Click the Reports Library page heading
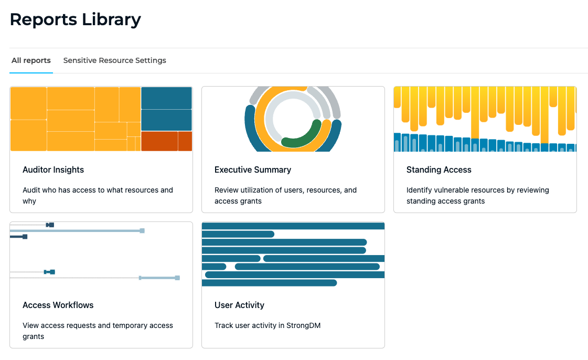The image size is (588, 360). coord(75,19)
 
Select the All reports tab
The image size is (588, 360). coord(31,60)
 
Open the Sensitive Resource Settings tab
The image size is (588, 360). coord(114,60)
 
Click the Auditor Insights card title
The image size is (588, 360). coord(53,170)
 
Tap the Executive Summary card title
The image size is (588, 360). coord(252,170)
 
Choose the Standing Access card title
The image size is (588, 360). coord(439,170)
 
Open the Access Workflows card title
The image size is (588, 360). coord(58,305)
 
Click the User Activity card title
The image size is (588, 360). coord(239,305)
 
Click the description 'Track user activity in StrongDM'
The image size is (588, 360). coord(267,325)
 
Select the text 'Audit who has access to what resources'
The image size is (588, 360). coord(98,190)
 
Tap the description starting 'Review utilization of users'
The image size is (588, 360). coord(285,190)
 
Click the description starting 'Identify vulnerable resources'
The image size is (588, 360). coord(477,190)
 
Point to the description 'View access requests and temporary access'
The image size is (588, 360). coord(98,325)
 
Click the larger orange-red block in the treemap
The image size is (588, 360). coord(159,141)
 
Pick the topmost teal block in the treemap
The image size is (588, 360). coord(166,98)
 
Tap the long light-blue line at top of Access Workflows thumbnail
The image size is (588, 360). coord(76,230)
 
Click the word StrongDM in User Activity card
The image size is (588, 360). coord(303,325)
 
